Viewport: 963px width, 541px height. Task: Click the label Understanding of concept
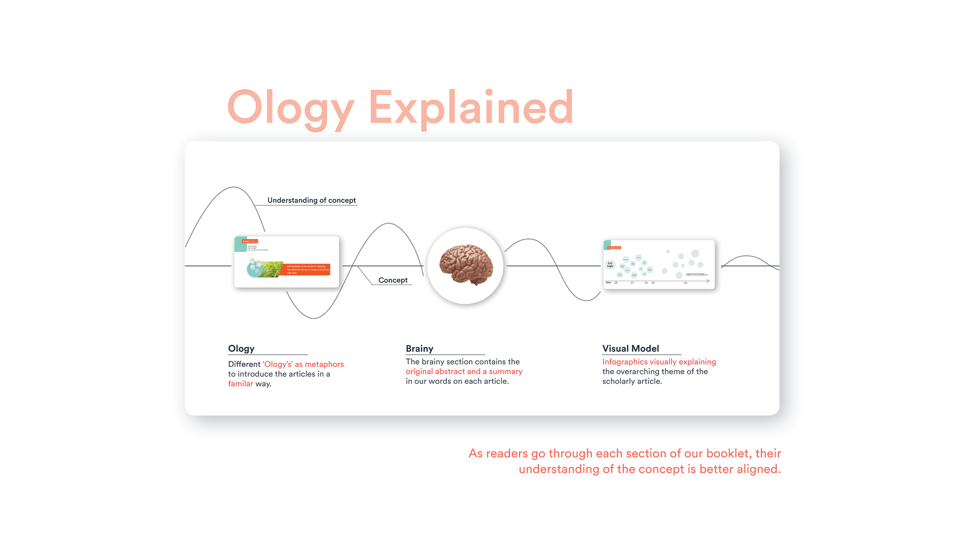click(x=312, y=200)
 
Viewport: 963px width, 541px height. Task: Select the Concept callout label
click(x=393, y=280)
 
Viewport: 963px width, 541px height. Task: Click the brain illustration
click(x=466, y=265)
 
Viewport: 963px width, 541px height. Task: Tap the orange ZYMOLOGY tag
click(x=250, y=241)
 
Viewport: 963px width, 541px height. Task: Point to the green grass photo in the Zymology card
click(x=272, y=269)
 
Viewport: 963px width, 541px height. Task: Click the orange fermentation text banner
click(x=307, y=270)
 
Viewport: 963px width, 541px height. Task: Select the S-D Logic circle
click(x=610, y=265)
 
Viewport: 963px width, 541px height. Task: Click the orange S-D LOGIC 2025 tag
click(x=614, y=248)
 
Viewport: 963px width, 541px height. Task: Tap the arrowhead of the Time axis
click(x=708, y=281)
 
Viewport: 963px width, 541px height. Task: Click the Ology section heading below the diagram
click(x=241, y=348)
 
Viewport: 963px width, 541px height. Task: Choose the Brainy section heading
click(x=419, y=348)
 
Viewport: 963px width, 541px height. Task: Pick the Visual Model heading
click(x=631, y=348)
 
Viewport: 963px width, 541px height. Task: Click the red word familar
click(x=240, y=384)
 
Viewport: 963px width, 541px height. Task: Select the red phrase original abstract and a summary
click(x=464, y=372)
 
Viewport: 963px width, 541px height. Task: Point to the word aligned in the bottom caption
click(x=758, y=469)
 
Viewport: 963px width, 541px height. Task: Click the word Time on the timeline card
click(x=608, y=282)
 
